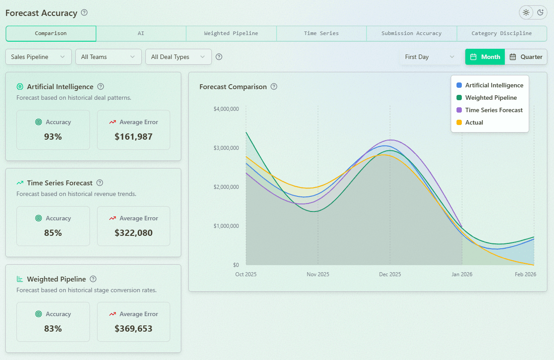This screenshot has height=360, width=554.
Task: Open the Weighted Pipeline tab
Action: pyautogui.click(x=231, y=33)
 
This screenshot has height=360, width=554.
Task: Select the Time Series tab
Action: pyautogui.click(x=321, y=33)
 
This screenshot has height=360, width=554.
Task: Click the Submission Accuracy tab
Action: pyautogui.click(x=411, y=33)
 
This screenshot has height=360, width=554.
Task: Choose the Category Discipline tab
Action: pyautogui.click(x=501, y=33)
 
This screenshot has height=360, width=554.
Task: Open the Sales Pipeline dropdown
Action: pyautogui.click(x=38, y=57)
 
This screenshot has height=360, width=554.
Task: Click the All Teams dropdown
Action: pyautogui.click(x=108, y=57)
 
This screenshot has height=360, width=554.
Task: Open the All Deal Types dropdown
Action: pyautogui.click(x=178, y=57)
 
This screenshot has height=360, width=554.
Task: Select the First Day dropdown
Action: pyautogui.click(x=429, y=57)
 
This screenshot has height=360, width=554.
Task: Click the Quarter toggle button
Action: pyautogui.click(x=526, y=57)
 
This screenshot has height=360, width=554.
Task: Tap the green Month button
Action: pyautogui.click(x=485, y=57)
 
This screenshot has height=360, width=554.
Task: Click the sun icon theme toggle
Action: pyautogui.click(x=526, y=12)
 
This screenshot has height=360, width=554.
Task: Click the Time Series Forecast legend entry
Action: pyautogui.click(x=494, y=110)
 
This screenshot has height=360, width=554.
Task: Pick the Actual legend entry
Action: pyautogui.click(x=474, y=122)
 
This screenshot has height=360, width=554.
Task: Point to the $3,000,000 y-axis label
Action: pyautogui.click(x=226, y=148)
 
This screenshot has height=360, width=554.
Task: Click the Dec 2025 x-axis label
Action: pyautogui.click(x=390, y=274)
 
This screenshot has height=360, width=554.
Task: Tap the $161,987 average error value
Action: pyautogui.click(x=133, y=137)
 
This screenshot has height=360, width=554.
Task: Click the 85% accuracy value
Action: pyautogui.click(x=53, y=233)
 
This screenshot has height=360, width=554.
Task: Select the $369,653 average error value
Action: pyautogui.click(x=133, y=329)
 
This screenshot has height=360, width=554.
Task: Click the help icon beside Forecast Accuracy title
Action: pyautogui.click(x=84, y=12)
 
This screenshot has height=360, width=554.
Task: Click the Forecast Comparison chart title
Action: pyautogui.click(x=233, y=87)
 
